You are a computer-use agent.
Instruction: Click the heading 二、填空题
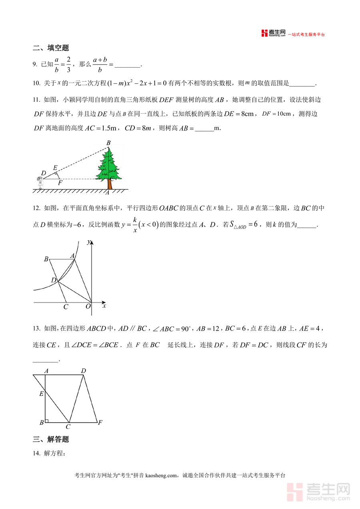[x=51, y=48]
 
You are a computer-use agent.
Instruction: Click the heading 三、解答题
[x=51, y=439]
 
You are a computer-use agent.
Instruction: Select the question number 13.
[x=36, y=329]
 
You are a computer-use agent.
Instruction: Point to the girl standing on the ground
[x=40, y=182]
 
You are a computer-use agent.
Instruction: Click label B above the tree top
[x=108, y=143]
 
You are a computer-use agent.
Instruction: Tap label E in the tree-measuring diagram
[x=55, y=167]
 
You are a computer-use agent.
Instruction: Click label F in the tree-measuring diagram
[x=60, y=183]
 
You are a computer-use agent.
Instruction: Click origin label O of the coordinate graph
[x=88, y=307]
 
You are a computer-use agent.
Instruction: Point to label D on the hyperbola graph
[x=54, y=280]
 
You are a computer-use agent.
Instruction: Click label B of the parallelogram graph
[x=46, y=260]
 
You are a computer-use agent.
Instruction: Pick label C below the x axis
[x=66, y=307]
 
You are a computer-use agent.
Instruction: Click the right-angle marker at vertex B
[x=47, y=420]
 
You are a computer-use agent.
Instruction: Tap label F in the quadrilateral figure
[x=100, y=423]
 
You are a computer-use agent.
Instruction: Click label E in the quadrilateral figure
[x=41, y=394]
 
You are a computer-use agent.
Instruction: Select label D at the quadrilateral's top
[x=83, y=371]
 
